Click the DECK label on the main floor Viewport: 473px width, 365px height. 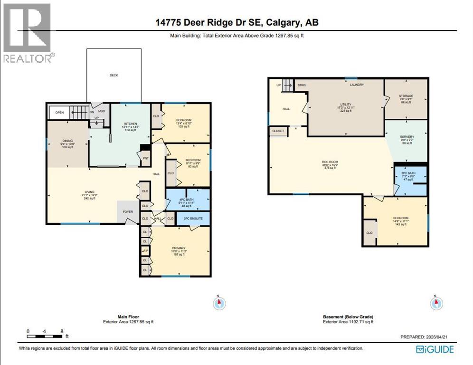[x=114, y=75]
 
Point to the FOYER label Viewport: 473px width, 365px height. [x=128, y=212]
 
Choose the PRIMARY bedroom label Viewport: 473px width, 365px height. [x=179, y=248]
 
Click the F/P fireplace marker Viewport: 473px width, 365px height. [x=146, y=250]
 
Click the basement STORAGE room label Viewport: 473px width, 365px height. [x=406, y=96]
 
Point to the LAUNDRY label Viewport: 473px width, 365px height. [x=357, y=85]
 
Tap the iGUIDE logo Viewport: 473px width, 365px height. [x=435, y=350]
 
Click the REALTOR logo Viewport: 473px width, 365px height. [x=27, y=33]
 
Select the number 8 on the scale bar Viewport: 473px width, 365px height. [x=61, y=331]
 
